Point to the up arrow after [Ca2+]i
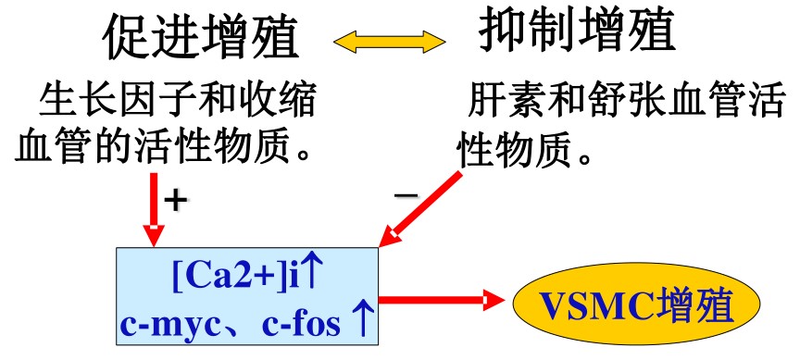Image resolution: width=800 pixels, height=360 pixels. [x=313, y=273]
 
